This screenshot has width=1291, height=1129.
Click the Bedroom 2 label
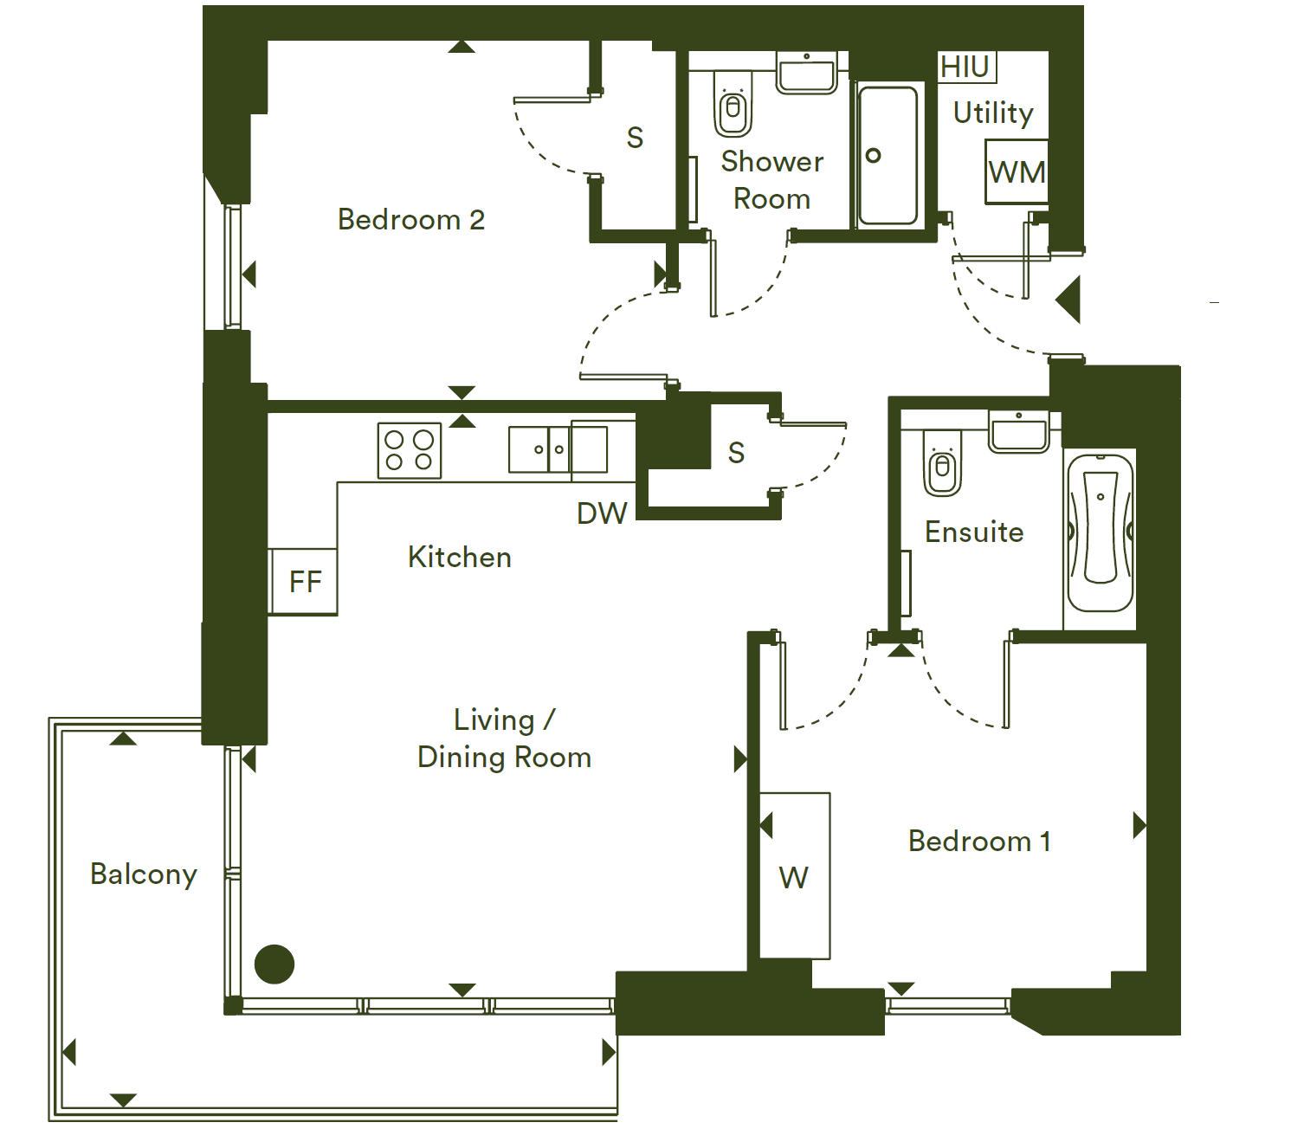410,220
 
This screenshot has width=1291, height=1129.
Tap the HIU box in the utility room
966,67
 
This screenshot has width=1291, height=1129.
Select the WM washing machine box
1017,171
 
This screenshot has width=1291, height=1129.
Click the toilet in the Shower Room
733,103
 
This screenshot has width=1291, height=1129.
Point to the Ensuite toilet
942,463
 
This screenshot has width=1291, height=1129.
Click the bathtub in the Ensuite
1100,533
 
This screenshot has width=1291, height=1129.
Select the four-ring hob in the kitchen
409,450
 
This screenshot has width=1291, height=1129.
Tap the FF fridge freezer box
304,582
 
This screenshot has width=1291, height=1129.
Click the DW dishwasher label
602,513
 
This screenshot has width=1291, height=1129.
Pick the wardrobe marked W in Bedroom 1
794,875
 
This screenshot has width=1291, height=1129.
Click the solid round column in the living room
274,964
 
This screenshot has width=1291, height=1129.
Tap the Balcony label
144,874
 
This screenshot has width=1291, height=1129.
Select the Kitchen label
460,558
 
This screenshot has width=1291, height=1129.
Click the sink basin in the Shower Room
806,73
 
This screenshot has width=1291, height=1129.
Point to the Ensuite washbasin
1018,431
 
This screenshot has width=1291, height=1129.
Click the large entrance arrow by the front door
1068,299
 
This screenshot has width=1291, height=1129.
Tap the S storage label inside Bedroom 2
635,138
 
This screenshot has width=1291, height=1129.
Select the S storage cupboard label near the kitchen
736,453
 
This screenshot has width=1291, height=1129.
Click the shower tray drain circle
874,155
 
